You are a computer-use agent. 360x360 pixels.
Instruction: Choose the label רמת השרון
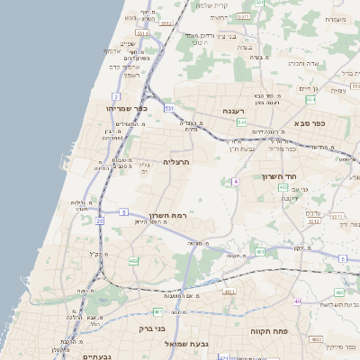click(x=166, y=218)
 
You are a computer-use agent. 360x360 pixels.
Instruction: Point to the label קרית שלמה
click(x=211, y=5)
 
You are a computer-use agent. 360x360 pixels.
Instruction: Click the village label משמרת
click(x=337, y=19)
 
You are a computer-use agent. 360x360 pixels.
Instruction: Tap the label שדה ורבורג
click(x=306, y=63)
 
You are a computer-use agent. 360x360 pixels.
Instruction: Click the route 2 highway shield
click(x=116, y=95)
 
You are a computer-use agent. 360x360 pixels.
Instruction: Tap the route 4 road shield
click(x=235, y=181)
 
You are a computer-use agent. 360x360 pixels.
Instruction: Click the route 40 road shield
click(x=297, y=301)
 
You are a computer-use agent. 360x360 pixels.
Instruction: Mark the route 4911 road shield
click(x=229, y=292)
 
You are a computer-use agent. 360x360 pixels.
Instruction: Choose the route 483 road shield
click(x=338, y=292)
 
